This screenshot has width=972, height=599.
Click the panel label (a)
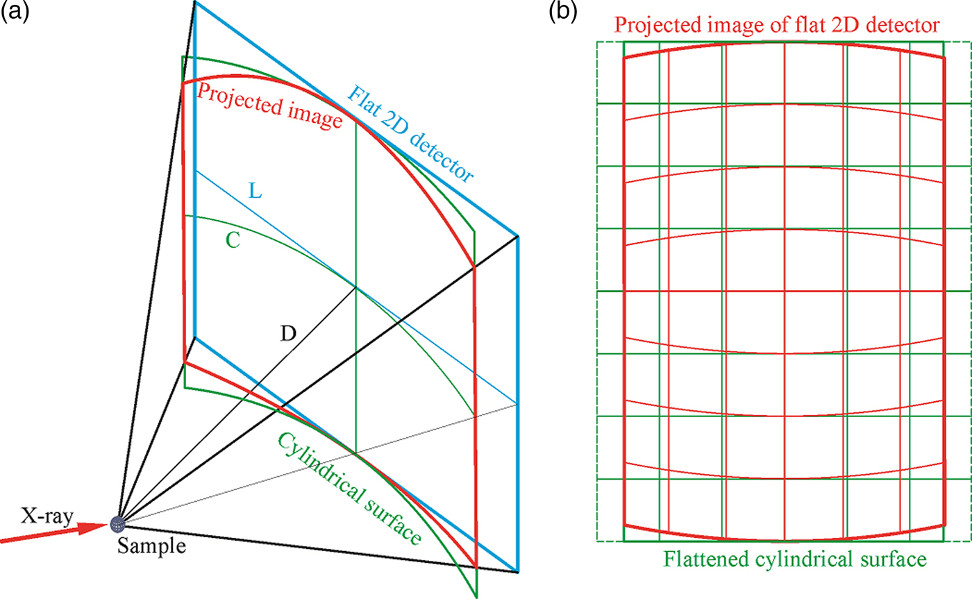click(x=13, y=12)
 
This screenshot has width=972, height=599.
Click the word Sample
click(x=151, y=546)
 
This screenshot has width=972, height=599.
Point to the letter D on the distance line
click(x=289, y=335)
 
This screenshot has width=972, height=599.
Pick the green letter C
click(x=234, y=239)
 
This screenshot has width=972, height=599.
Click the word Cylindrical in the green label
click(x=320, y=473)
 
